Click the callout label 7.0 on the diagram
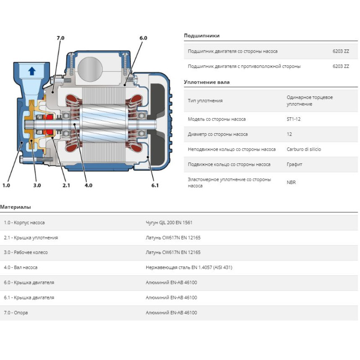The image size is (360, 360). pos(60,38)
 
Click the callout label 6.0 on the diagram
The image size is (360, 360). pos(143,38)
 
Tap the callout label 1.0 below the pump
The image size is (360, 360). pos(6,185)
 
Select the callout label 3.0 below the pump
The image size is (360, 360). pos(37,185)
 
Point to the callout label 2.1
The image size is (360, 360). pos(66,185)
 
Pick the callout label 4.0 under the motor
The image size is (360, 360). pos(88,185)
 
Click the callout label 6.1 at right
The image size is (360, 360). pos(155,185)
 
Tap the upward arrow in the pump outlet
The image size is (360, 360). pos(31,70)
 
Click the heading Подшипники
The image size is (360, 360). pos(202,36)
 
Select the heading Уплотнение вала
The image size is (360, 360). pos(207,82)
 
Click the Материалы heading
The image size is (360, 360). pos(16,207)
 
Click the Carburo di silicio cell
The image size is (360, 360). pos(304,149)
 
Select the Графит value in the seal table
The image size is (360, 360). pos(294,164)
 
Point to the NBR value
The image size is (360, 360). pos(292,183)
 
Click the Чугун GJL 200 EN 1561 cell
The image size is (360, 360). pos(169,223)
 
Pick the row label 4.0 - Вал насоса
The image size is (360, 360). pos(21,267)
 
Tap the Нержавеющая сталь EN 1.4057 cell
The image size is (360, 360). pos(189,267)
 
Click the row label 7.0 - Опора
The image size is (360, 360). pos(16,312)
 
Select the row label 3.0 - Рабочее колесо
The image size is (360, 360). pos(26,252)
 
